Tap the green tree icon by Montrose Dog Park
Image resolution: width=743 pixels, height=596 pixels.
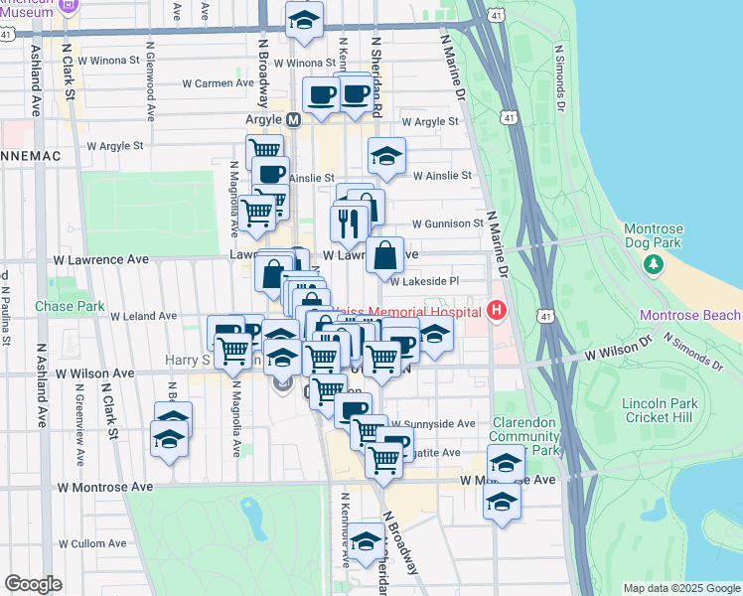point(653,264)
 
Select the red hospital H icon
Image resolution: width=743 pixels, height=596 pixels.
point(497,311)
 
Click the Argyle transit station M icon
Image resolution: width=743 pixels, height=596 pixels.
point(293,119)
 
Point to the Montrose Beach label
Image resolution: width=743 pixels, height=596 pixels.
point(689,316)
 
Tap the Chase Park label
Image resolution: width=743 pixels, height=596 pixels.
point(70,307)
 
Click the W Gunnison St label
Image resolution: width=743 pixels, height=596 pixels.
point(447,224)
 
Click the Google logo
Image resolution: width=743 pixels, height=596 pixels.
point(34,584)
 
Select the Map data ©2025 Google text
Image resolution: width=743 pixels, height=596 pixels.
point(680,587)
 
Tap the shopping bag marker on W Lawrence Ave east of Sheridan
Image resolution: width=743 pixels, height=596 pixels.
point(384,256)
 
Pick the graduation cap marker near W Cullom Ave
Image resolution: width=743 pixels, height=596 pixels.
point(366,541)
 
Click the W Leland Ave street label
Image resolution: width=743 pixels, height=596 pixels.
point(144,316)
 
